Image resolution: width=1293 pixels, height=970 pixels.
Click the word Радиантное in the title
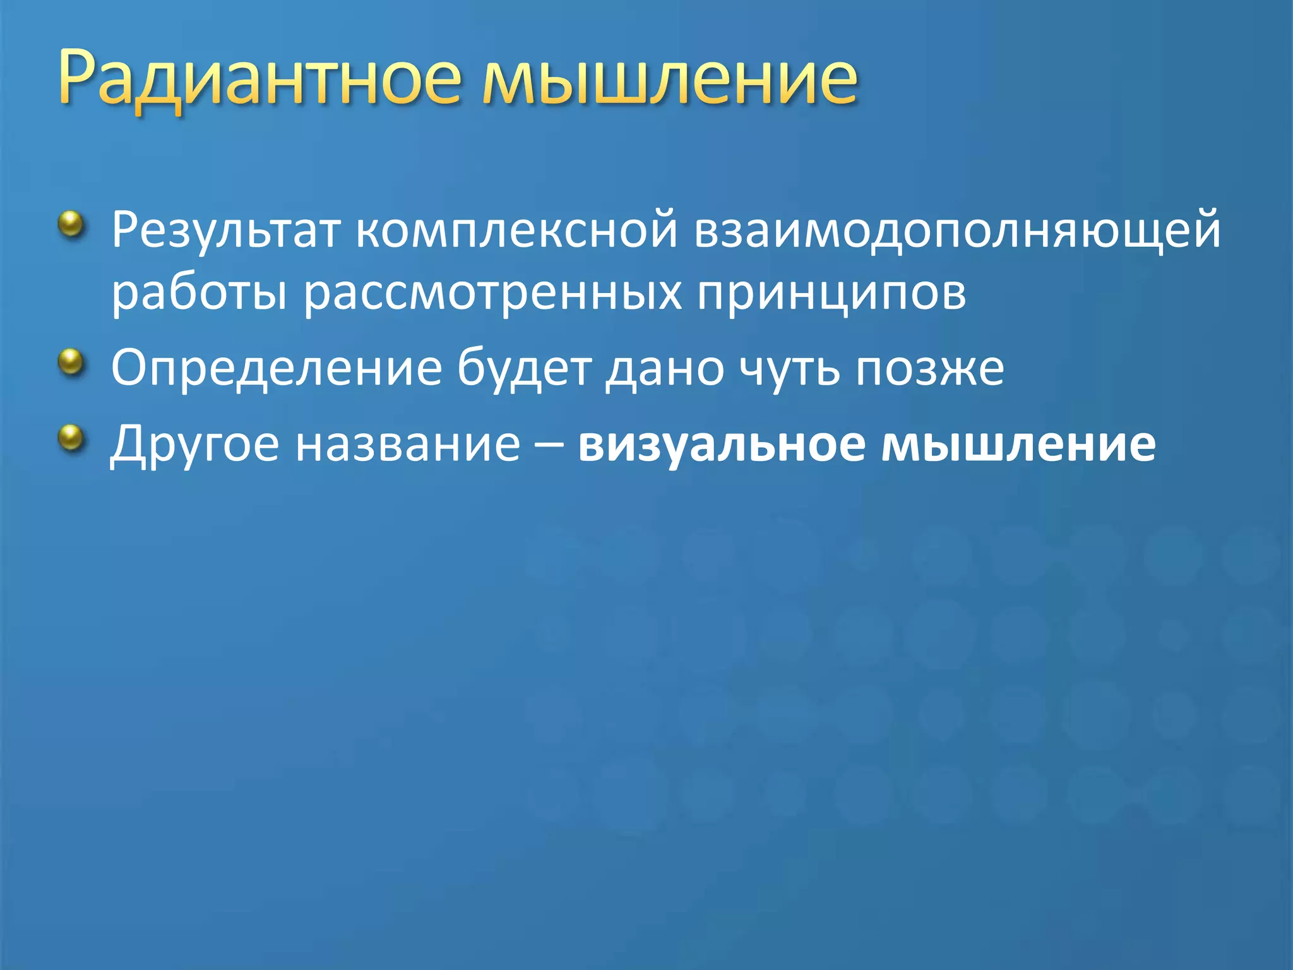click(x=259, y=79)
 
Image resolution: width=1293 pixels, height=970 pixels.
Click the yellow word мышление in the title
click(x=669, y=79)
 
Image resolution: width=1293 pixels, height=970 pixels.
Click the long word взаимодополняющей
click(x=957, y=231)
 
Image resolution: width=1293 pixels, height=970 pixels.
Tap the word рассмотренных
click(x=492, y=293)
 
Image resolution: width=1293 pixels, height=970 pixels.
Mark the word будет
click(x=524, y=369)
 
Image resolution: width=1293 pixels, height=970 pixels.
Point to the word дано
click(x=664, y=370)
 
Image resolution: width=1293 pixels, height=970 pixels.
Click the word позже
click(x=929, y=369)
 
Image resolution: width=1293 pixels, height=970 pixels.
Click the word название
click(x=408, y=445)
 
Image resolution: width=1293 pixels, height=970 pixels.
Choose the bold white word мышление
click(x=1018, y=445)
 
